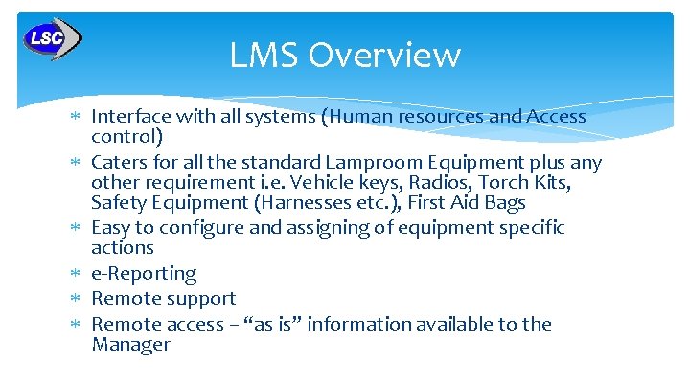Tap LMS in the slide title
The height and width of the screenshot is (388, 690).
point(258,56)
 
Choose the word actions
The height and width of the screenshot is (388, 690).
point(123,248)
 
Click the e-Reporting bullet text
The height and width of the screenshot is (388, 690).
point(144,274)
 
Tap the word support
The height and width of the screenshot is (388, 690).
point(199,299)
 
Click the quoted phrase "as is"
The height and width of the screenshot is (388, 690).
point(312,324)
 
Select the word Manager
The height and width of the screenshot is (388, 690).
point(130,345)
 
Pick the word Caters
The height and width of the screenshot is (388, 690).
point(118,162)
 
